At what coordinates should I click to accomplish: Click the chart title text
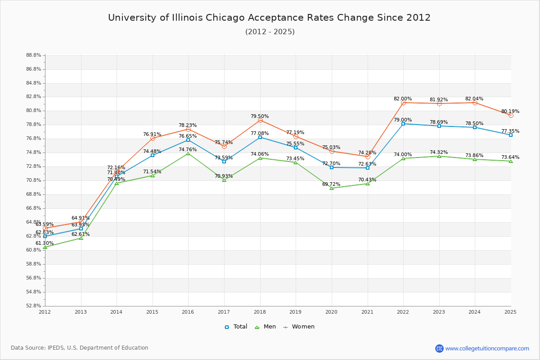[269, 18]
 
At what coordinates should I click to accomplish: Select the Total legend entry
[236, 327]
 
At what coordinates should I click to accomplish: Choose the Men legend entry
[265, 327]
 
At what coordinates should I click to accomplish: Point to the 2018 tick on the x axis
[260, 311]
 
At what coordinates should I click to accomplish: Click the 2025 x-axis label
[510, 311]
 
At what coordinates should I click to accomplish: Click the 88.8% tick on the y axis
[34, 55]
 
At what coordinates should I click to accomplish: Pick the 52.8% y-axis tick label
[34, 306]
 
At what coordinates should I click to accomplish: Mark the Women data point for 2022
[403, 103]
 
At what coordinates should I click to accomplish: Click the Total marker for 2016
[188, 140]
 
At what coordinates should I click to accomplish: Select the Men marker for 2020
[332, 188]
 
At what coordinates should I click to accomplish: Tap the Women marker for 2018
[260, 120]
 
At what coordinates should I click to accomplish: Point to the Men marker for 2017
[224, 180]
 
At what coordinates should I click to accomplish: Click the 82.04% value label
[474, 99]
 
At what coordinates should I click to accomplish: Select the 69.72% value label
[331, 184]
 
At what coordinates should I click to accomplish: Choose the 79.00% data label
[403, 120]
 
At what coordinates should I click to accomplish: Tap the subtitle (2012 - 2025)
[270, 31]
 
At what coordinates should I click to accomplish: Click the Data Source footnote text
[80, 348]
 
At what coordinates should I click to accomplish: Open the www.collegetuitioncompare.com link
[487, 348]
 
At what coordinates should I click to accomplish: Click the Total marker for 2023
[439, 126]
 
